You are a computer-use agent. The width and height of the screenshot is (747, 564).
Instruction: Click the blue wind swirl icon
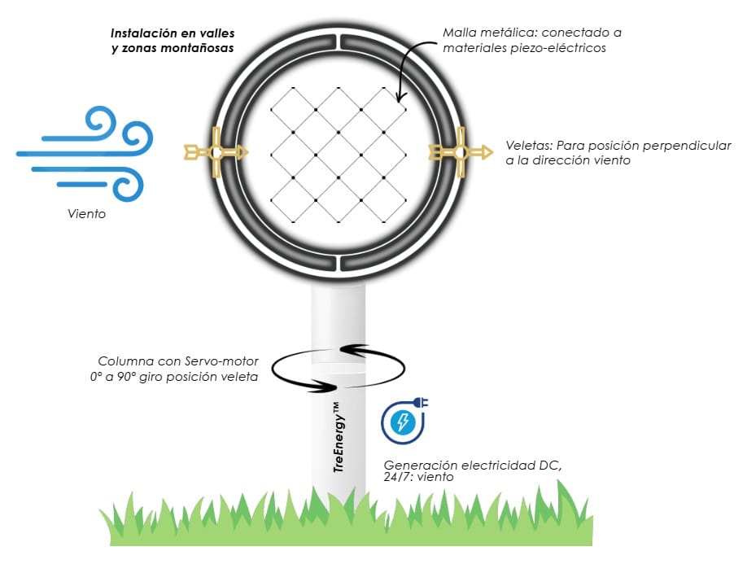85,155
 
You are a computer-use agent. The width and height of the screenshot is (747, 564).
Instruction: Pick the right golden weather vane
460,151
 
